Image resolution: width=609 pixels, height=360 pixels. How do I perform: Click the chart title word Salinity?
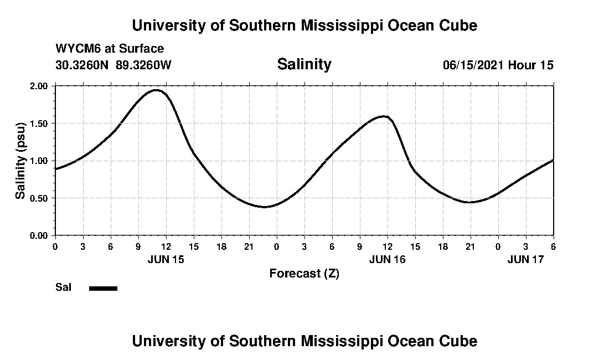pos(304,64)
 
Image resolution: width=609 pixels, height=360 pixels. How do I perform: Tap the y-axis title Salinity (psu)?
pos(20,161)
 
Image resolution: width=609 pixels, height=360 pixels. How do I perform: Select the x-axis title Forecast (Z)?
pos(304,273)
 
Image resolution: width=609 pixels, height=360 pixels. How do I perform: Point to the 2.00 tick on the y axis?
pos(40,86)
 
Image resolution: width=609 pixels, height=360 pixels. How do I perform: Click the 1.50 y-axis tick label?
pos(40,124)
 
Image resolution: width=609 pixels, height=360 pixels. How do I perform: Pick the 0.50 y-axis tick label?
pos(40,198)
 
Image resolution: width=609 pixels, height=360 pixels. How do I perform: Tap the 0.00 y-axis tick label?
pos(40,235)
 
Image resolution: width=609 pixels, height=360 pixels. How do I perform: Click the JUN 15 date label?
pos(166,259)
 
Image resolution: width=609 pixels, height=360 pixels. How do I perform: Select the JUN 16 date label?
pos(387,259)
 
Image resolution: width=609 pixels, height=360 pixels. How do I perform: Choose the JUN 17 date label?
pos(526,259)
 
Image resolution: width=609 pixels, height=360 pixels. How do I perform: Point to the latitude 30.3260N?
pos(83,65)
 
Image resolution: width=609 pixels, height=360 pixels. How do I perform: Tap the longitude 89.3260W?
pos(144,65)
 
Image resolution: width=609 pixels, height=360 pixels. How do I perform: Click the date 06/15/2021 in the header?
pos(473,65)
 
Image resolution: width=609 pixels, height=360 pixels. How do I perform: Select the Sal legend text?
pos(63,287)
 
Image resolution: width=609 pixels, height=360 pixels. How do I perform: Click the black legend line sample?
pos(103,288)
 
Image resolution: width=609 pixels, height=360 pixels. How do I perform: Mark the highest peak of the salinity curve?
pos(156,90)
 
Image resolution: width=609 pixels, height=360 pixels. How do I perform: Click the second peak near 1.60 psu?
pos(384,116)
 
